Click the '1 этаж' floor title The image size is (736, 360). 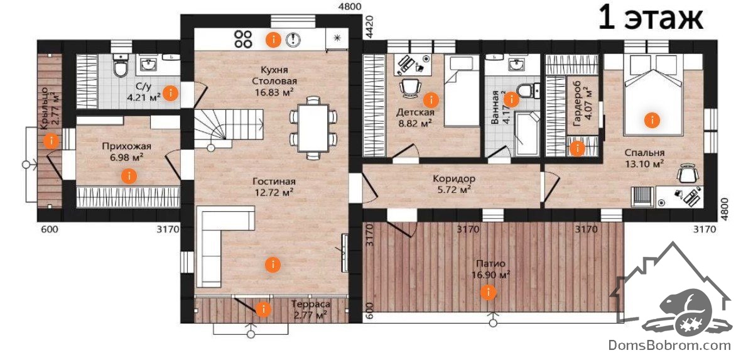[x=651, y=19]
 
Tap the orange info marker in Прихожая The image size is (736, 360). [x=129, y=177]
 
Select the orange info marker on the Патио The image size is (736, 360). [x=489, y=292]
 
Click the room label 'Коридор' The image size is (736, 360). [x=454, y=179]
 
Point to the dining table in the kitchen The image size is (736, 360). [x=313, y=128]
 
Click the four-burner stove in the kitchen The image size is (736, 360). [x=243, y=39]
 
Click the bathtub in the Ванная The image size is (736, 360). [x=528, y=133]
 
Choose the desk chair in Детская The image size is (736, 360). [x=410, y=87]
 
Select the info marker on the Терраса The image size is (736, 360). [x=263, y=309]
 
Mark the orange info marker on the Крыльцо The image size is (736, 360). [x=50, y=140]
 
